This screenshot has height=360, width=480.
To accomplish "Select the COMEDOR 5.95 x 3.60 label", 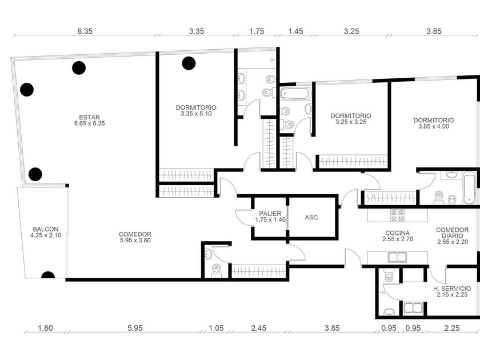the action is (135, 237).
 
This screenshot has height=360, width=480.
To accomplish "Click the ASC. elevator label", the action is (312, 218).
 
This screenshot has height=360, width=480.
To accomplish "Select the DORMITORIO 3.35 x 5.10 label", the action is (196, 110).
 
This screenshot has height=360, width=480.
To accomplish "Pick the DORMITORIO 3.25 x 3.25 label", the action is (351, 119).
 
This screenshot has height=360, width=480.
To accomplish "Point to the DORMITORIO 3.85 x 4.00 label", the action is (434, 123).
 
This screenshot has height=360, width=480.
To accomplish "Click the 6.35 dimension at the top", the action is (85, 31).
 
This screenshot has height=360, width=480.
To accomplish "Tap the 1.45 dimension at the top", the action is (296, 31).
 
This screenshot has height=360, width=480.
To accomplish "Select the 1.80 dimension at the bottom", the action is (45, 328).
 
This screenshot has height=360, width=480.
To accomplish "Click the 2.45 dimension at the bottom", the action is (259, 328).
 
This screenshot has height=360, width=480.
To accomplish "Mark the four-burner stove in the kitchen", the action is (397, 215).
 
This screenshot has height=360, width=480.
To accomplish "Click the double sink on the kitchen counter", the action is (397, 258).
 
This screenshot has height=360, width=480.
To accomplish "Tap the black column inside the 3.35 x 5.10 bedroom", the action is (189, 63).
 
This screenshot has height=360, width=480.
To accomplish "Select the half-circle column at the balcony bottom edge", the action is (48, 275).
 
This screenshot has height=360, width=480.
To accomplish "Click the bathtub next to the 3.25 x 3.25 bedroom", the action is (295, 94).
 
